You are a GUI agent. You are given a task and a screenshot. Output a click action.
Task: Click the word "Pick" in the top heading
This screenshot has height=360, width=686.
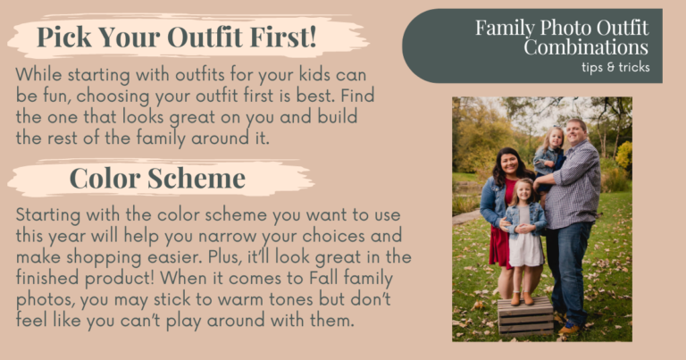(63, 38)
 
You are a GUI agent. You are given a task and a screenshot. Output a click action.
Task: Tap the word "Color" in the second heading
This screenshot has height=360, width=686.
(105, 178)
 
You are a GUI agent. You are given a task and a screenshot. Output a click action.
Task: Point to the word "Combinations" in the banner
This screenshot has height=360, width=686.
(586, 46)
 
